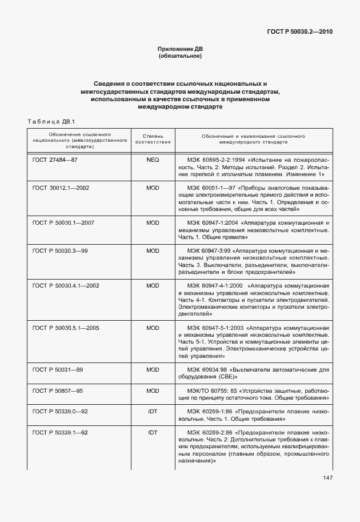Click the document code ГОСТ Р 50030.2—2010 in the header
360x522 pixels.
click(299, 31)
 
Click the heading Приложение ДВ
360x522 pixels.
click(180, 49)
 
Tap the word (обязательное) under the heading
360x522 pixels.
click(180, 56)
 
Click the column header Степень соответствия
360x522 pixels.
click(153, 140)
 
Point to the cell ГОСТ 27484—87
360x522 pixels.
click(55, 160)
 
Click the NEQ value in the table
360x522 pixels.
click(153, 160)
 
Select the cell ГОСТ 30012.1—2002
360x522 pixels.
click(61, 188)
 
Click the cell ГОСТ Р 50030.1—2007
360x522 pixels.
click(63, 222)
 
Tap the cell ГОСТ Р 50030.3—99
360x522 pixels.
click(59, 250)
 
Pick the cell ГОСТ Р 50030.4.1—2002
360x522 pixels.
click(66, 285)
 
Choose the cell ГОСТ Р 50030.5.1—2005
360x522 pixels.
click(66, 328)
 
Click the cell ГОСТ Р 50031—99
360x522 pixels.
click(58, 370)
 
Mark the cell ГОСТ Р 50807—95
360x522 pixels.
click(58, 390)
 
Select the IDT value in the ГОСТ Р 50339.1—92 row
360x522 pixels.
click(153, 432)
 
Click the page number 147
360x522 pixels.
click(327, 478)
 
